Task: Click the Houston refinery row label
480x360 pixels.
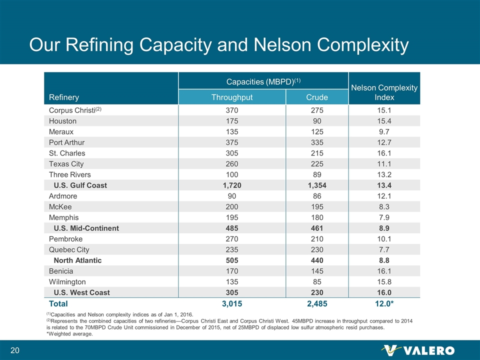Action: (x=62, y=121)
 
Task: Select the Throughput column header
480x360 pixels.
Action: (x=232, y=97)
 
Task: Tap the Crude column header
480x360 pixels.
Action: (x=317, y=97)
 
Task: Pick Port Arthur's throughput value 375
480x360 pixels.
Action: (x=232, y=142)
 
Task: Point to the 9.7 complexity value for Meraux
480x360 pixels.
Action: (x=384, y=131)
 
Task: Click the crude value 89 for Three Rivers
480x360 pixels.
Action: (x=317, y=174)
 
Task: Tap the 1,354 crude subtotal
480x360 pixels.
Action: (x=317, y=185)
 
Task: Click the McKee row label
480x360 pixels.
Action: (x=60, y=206)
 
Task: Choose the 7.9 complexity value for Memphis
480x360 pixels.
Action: (x=384, y=217)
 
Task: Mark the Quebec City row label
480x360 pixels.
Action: (x=69, y=249)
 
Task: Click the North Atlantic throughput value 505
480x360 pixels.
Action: (x=232, y=260)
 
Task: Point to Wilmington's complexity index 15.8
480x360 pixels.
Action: (x=384, y=281)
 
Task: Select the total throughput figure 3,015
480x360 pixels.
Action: (x=232, y=303)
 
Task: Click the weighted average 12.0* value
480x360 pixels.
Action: (x=384, y=303)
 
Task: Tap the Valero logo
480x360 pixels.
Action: (x=417, y=350)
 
